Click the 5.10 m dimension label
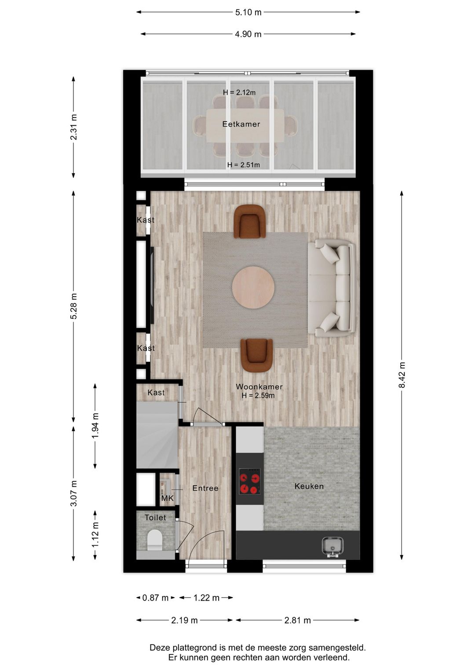pyautogui.click(x=248, y=13)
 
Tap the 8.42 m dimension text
pyautogui.click(x=402, y=375)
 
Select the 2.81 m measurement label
pyautogui.click(x=298, y=620)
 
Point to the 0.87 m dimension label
pyautogui.click(x=155, y=598)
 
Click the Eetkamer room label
pyautogui.click(x=241, y=124)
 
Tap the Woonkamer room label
pyautogui.click(x=259, y=387)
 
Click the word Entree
pyautogui.click(x=205, y=488)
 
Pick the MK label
pyautogui.click(x=167, y=498)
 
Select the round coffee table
pyautogui.click(x=253, y=287)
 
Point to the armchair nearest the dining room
pyautogui.click(x=250, y=222)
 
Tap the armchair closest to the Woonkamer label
pyautogui.click(x=257, y=355)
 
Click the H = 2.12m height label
pyautogui.click(x=239, y=93)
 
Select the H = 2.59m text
pyautogui.click(x=258, y=396)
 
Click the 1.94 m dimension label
pyautogui.click(x=95, y=426)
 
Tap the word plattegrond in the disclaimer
pyautogui.click(x=195, y=648)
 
